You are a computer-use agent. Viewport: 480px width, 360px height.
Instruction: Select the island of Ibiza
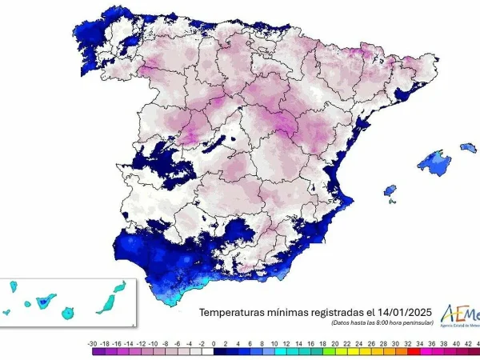point(390,190)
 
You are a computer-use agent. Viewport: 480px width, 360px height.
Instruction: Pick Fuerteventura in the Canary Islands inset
point(106,302)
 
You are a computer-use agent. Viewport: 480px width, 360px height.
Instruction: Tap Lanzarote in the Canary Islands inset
point(120,286)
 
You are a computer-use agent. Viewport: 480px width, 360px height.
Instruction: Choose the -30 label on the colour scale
point(94,341)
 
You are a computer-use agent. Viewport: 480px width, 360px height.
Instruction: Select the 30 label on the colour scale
point(395,341)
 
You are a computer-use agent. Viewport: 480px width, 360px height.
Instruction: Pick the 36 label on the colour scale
point(432,341)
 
